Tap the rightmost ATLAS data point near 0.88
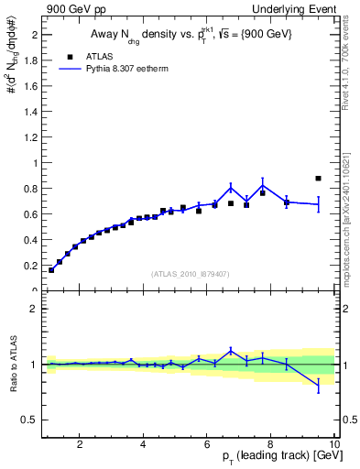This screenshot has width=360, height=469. (318, 179)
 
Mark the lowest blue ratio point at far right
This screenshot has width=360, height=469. (318, 387)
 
